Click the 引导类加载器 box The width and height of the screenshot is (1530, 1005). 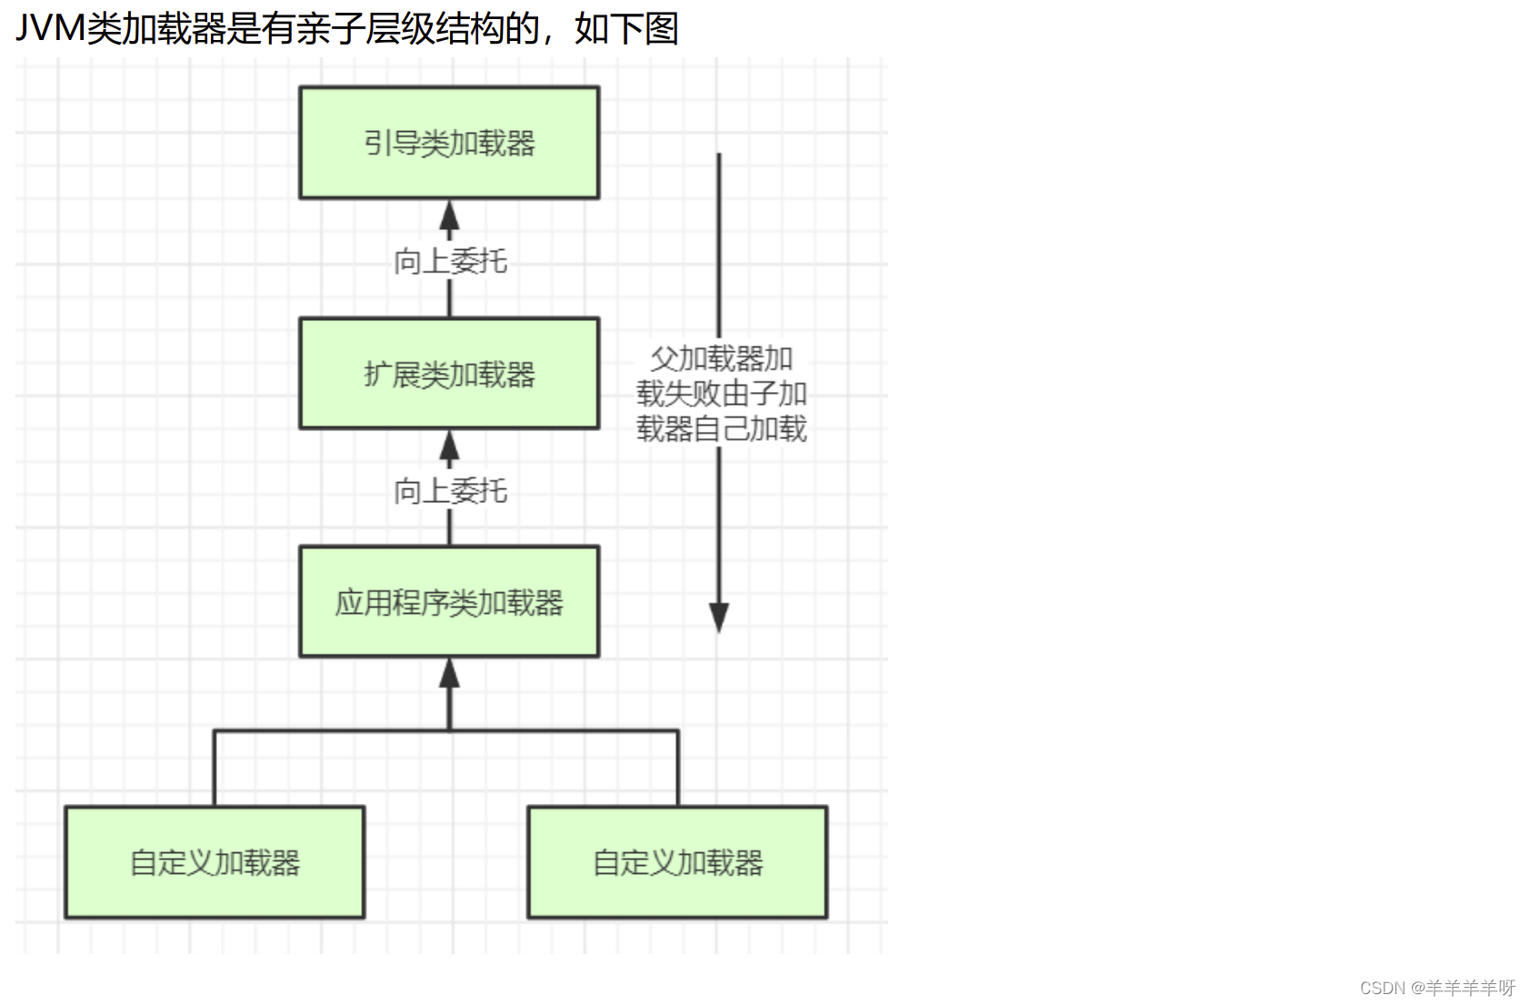[x=449, y=143]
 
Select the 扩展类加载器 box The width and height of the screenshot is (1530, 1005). [x=449, y=374]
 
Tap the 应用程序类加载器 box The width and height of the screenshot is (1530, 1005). [x=449, y=602]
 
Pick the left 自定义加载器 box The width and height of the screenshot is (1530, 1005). [x=215, y=862]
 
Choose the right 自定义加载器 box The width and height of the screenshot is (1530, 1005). [x=677, y=862]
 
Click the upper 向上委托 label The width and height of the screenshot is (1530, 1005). [x=450, y=262]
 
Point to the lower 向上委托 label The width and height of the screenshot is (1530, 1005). [x=450, y=491]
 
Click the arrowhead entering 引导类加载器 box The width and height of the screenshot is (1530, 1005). [x=449, y=215]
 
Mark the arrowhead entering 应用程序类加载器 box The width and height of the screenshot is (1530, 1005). [x=449, y=673]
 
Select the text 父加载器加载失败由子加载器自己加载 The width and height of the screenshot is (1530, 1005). [x=721, y=394]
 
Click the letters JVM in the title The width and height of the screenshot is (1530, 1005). [x=51, y=29]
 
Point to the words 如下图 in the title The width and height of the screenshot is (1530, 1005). [x=626, y=29]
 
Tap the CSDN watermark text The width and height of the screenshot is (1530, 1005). [x=1437, y=987]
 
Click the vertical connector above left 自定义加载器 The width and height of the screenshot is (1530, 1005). [x=215, y=768]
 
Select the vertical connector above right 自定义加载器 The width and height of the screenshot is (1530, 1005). [x=677, y=768]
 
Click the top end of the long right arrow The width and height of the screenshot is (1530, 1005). [x=718, y=154]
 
